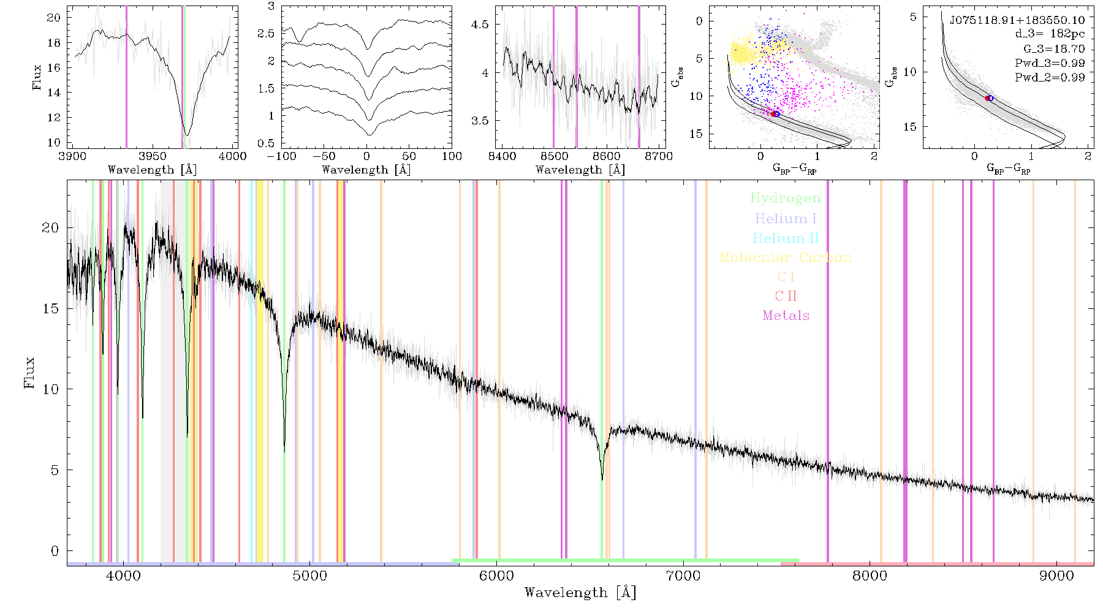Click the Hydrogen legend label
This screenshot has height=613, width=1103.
pyautogui.click(x=785, y=199)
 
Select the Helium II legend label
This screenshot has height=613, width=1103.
pyautogui.click(x=786, y=238)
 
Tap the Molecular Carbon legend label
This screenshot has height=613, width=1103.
pyautogui.click(x=786, y=257)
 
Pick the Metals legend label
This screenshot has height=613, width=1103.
pyautogui.click(x=786, y=316)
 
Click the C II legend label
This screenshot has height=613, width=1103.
pyautogui.click(x=786, y=296)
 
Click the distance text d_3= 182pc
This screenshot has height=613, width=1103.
pyautogui.click(x=1050, y=34)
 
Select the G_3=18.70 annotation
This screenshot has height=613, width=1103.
pyautogui.click(x=1054, y=49)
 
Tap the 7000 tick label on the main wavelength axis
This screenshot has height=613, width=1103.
pyautogui.click(x=683, y=576)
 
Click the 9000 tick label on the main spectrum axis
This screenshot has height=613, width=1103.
pyautogui.click(x=1056, y=576)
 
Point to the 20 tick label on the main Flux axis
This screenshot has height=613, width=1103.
pyautogui.click(x=50, y=227)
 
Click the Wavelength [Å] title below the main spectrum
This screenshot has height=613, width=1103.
pyautogui.click(x=580, y=593)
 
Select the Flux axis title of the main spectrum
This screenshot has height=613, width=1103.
pyautogui.click(x=29, y=373)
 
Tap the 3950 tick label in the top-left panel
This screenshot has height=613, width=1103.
pyautogui.click(x=153, y=156)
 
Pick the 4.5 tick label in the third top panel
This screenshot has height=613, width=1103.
pyautogui.click(x=480, y=25)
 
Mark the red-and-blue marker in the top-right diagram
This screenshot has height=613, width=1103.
pyautogui.click(x=989, y=98)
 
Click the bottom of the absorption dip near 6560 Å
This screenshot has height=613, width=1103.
pyautogui.click(x=602, y=479)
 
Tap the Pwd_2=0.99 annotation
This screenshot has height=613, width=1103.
pyautogui.click(x=1050, y=78)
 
